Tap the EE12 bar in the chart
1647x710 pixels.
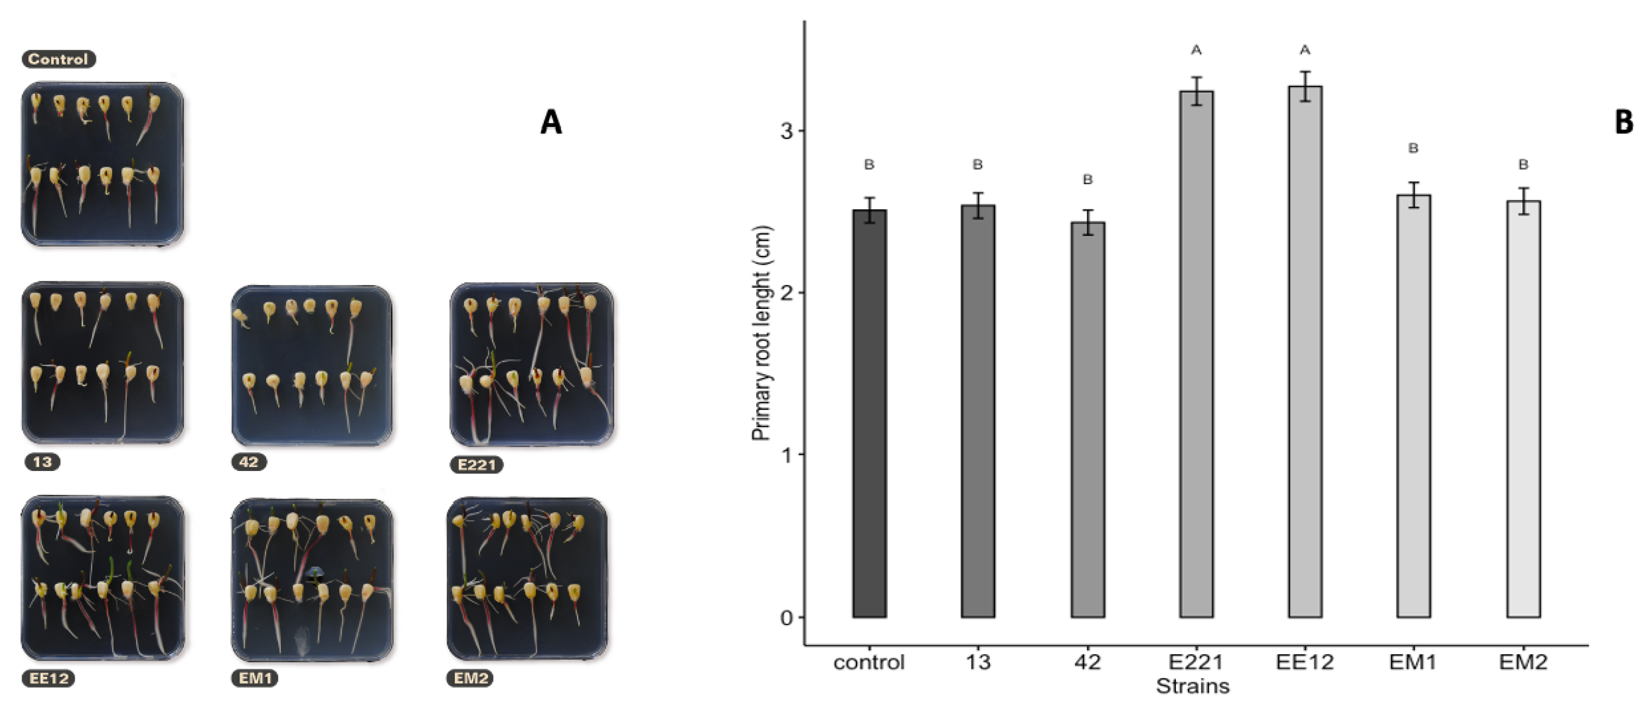tap(1305, 352)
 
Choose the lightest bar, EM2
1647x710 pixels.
tap(1523, 409)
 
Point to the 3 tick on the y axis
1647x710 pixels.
tap(787, 131)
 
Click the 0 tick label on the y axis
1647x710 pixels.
tap(787, 618)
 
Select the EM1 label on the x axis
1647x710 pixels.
tap(1413, 662)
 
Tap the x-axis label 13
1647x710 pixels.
tap(977, 662)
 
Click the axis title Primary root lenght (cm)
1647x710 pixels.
tap(762, 333)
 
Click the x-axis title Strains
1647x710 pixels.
tap(1192, 686)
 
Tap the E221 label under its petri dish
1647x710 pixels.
tap(477, 464)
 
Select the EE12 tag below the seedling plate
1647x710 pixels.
tap(49, 678)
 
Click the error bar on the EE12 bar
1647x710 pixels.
tap(1305, 86)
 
